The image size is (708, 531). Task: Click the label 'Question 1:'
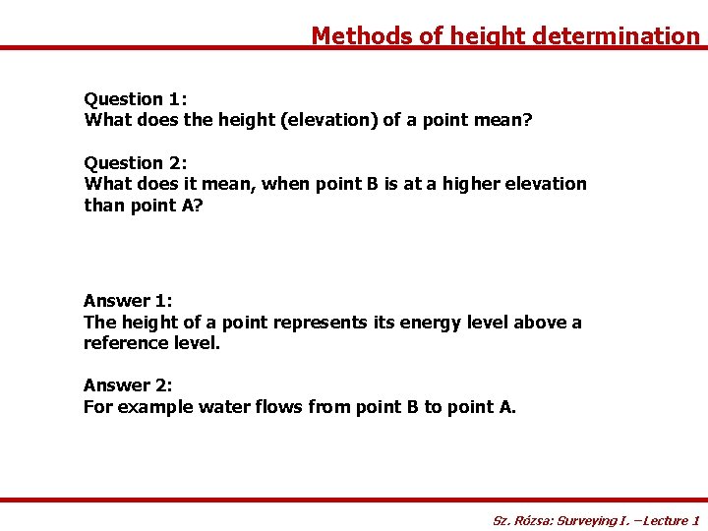point(136,99)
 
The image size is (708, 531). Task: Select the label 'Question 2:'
point(136,163)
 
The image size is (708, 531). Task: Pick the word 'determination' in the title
point(616,36)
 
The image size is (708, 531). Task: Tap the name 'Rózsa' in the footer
point(531,520)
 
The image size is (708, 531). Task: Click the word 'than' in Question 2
point(102,205)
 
